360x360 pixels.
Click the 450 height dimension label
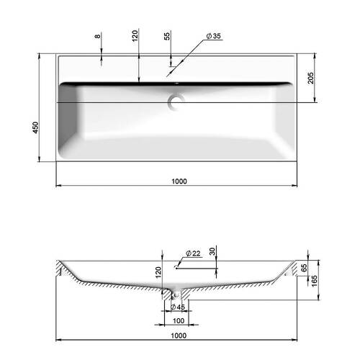(35, 127)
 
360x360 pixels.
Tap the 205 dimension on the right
(310, 78)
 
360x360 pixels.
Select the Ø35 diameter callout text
(213, 36)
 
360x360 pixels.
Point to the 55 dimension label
(167, 35)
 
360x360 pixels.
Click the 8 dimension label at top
(97, 36)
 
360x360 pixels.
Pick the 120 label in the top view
(135, 35)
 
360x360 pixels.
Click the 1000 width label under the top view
(179, 181)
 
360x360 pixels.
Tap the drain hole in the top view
(176, 102)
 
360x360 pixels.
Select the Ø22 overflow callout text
(193, 253)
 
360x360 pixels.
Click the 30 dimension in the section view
(212, 251)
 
